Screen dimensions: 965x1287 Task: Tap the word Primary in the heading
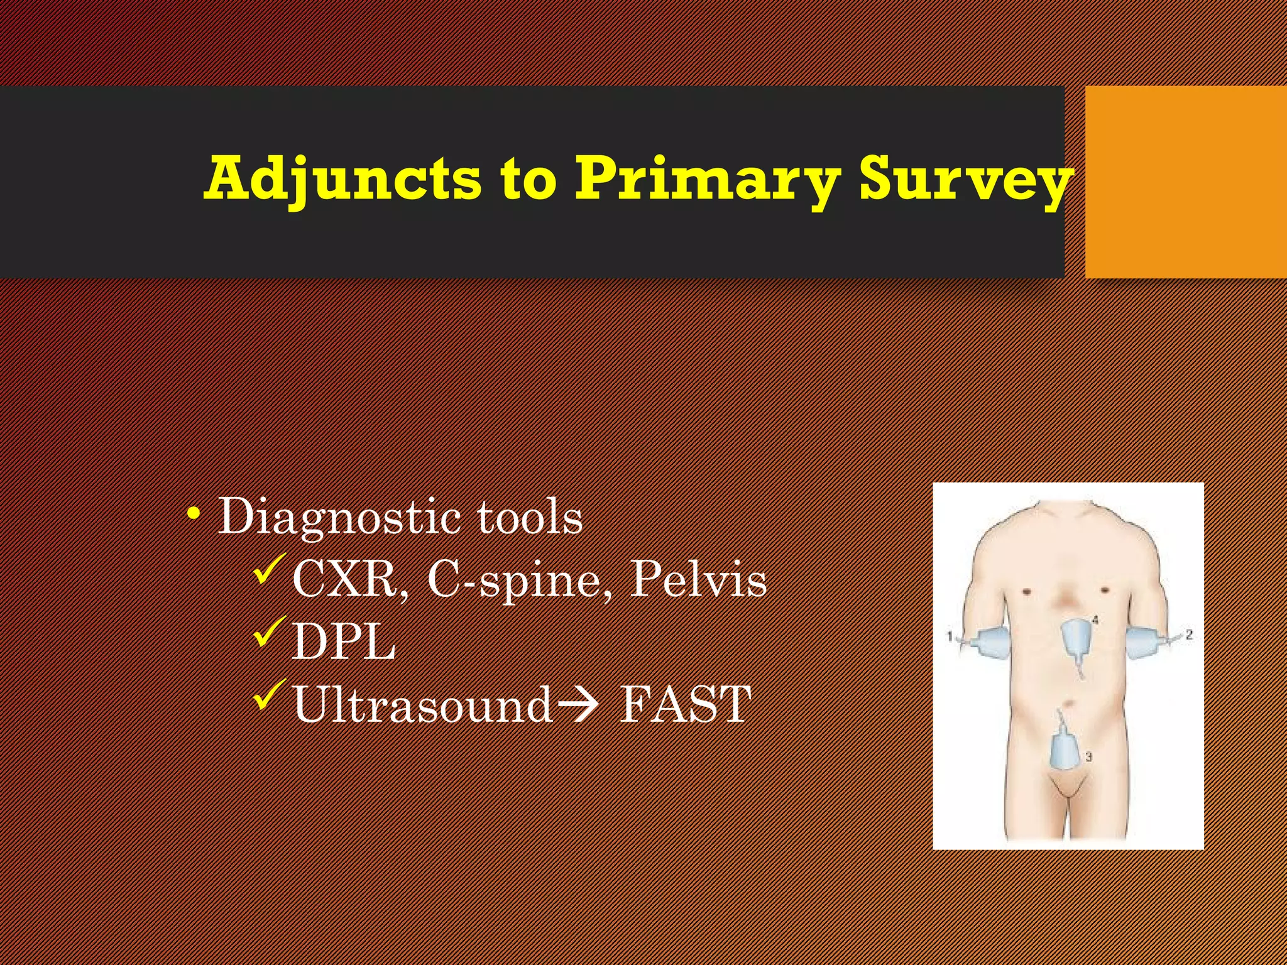pos(708,180)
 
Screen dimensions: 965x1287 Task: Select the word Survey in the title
pos(965,180)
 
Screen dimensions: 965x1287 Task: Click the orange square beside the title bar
pos(1185,182)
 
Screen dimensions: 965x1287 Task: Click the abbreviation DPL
pos(344,641)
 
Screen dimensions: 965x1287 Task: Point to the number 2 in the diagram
pos(1188,635)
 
